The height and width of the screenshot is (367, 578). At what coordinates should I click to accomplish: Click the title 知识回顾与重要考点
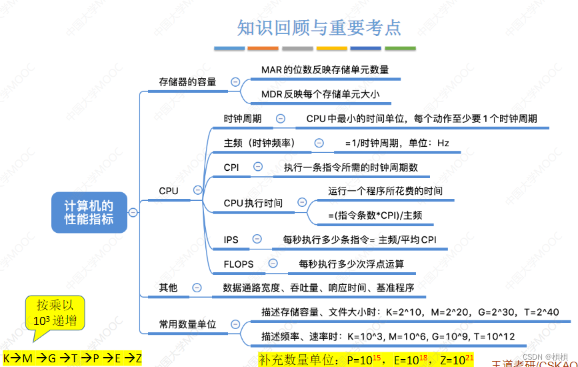(x=319, y=27)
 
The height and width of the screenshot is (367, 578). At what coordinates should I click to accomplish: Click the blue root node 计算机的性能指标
(x=89, y=212)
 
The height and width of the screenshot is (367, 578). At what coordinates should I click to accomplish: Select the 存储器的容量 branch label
(x=187, y=82)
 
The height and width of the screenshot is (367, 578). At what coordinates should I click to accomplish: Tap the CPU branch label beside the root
(x=169, y=191)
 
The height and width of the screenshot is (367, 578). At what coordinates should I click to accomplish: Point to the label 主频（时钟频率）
(x=259, y=143)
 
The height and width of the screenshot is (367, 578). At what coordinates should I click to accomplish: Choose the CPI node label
(x=231, y=167)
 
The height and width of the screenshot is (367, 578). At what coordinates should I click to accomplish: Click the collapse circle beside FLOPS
(x=272, y=264)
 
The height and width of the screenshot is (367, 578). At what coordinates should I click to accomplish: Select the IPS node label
(x=231, y=240)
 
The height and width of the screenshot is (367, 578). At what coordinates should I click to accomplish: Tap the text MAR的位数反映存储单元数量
(x=325, y=69)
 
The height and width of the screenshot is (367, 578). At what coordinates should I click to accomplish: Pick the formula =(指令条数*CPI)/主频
(x=374, y=216)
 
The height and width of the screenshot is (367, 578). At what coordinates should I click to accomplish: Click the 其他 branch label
(x=168, y=288)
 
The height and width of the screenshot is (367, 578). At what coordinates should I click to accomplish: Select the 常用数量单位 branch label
(x=187, y=324)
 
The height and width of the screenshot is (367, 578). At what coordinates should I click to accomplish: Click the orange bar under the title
(x=263, y=49)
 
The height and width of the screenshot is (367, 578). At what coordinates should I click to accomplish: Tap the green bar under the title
(x=400, y=49)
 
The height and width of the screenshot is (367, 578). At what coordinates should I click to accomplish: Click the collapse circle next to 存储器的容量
(x=235, y=81)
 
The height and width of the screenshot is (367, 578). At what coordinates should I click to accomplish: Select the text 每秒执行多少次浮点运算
(x=351, y=264)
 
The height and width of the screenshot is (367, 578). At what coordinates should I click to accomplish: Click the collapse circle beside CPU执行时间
(x=302, y=203)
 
